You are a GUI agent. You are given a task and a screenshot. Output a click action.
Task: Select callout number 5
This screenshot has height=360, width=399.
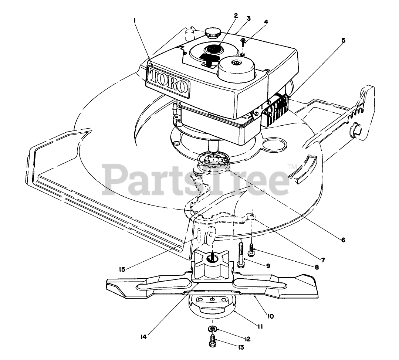(344, 40)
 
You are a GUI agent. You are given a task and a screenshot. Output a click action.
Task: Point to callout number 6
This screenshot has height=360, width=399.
(343, 240)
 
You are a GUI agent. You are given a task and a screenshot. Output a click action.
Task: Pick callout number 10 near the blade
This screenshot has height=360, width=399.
(270, 316)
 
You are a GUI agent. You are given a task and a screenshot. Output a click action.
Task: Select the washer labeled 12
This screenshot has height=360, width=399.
(212, 328)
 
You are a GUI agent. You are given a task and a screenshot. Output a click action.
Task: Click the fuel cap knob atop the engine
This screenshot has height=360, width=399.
(212, 33)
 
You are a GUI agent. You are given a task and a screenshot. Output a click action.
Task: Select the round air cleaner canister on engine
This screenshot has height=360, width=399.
(235, 68)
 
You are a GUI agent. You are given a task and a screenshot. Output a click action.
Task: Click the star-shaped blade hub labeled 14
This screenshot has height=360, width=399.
(212, 263)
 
